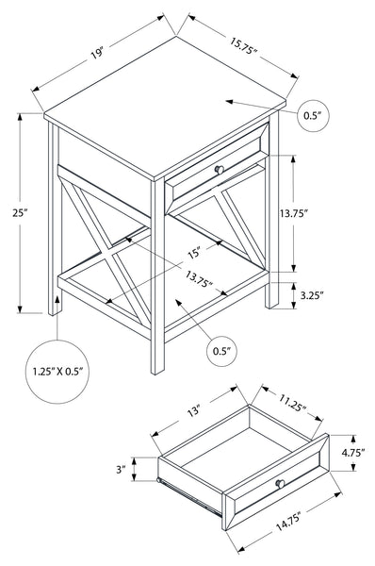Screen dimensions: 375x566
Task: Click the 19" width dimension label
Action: tap(97, 54)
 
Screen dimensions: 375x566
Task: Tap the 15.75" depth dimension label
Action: tap(243, 46)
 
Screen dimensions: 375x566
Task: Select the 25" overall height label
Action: tap(20, 213)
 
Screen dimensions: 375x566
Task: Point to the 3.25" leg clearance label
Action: tap(312, 295)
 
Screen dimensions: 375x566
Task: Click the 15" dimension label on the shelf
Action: tap(195, 253)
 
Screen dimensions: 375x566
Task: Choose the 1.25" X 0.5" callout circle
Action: tap(57, 372)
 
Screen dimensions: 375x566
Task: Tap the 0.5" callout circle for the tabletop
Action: tap(313, 115)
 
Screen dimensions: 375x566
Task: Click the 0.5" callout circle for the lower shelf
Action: tap(222, 351)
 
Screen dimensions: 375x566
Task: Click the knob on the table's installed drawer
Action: tap(220, 170)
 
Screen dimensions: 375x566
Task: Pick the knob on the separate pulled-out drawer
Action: tap(280, 484)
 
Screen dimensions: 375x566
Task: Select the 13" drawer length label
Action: tap(193, 411)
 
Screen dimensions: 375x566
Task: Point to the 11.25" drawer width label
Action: tap(292, 403)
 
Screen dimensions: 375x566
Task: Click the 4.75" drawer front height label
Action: tap(353, 452)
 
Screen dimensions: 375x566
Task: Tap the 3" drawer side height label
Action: tap(121, 469)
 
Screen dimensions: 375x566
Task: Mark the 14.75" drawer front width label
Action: tap(288, 522)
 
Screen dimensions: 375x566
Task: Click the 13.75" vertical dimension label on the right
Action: tap(294, 213)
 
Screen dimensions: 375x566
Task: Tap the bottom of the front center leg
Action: tap(157, 372)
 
